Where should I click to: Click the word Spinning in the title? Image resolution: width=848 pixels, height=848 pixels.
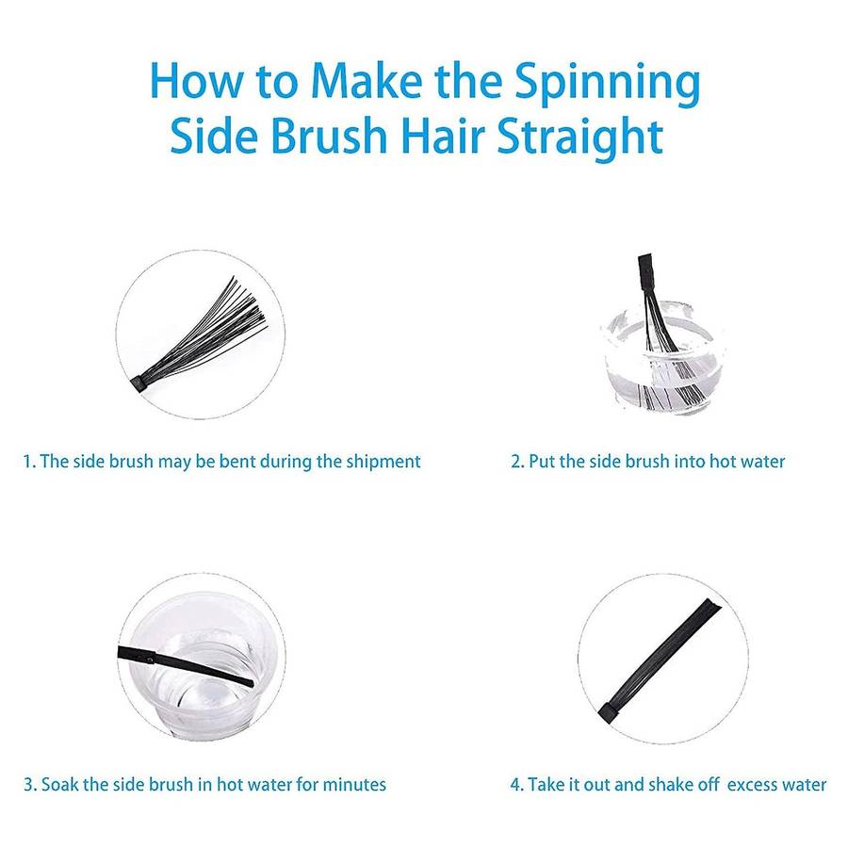(608, 83)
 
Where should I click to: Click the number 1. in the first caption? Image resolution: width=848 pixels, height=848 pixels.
(29, 462)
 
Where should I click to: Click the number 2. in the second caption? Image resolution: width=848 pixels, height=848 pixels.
(517, 462)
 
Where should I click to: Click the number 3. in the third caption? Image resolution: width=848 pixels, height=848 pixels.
(30, 785)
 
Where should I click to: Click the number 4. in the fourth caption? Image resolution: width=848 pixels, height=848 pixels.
(517, 785)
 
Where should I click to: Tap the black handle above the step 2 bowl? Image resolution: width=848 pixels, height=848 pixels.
(645, 274)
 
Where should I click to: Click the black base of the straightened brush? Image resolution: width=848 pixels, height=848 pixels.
(609, 711)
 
